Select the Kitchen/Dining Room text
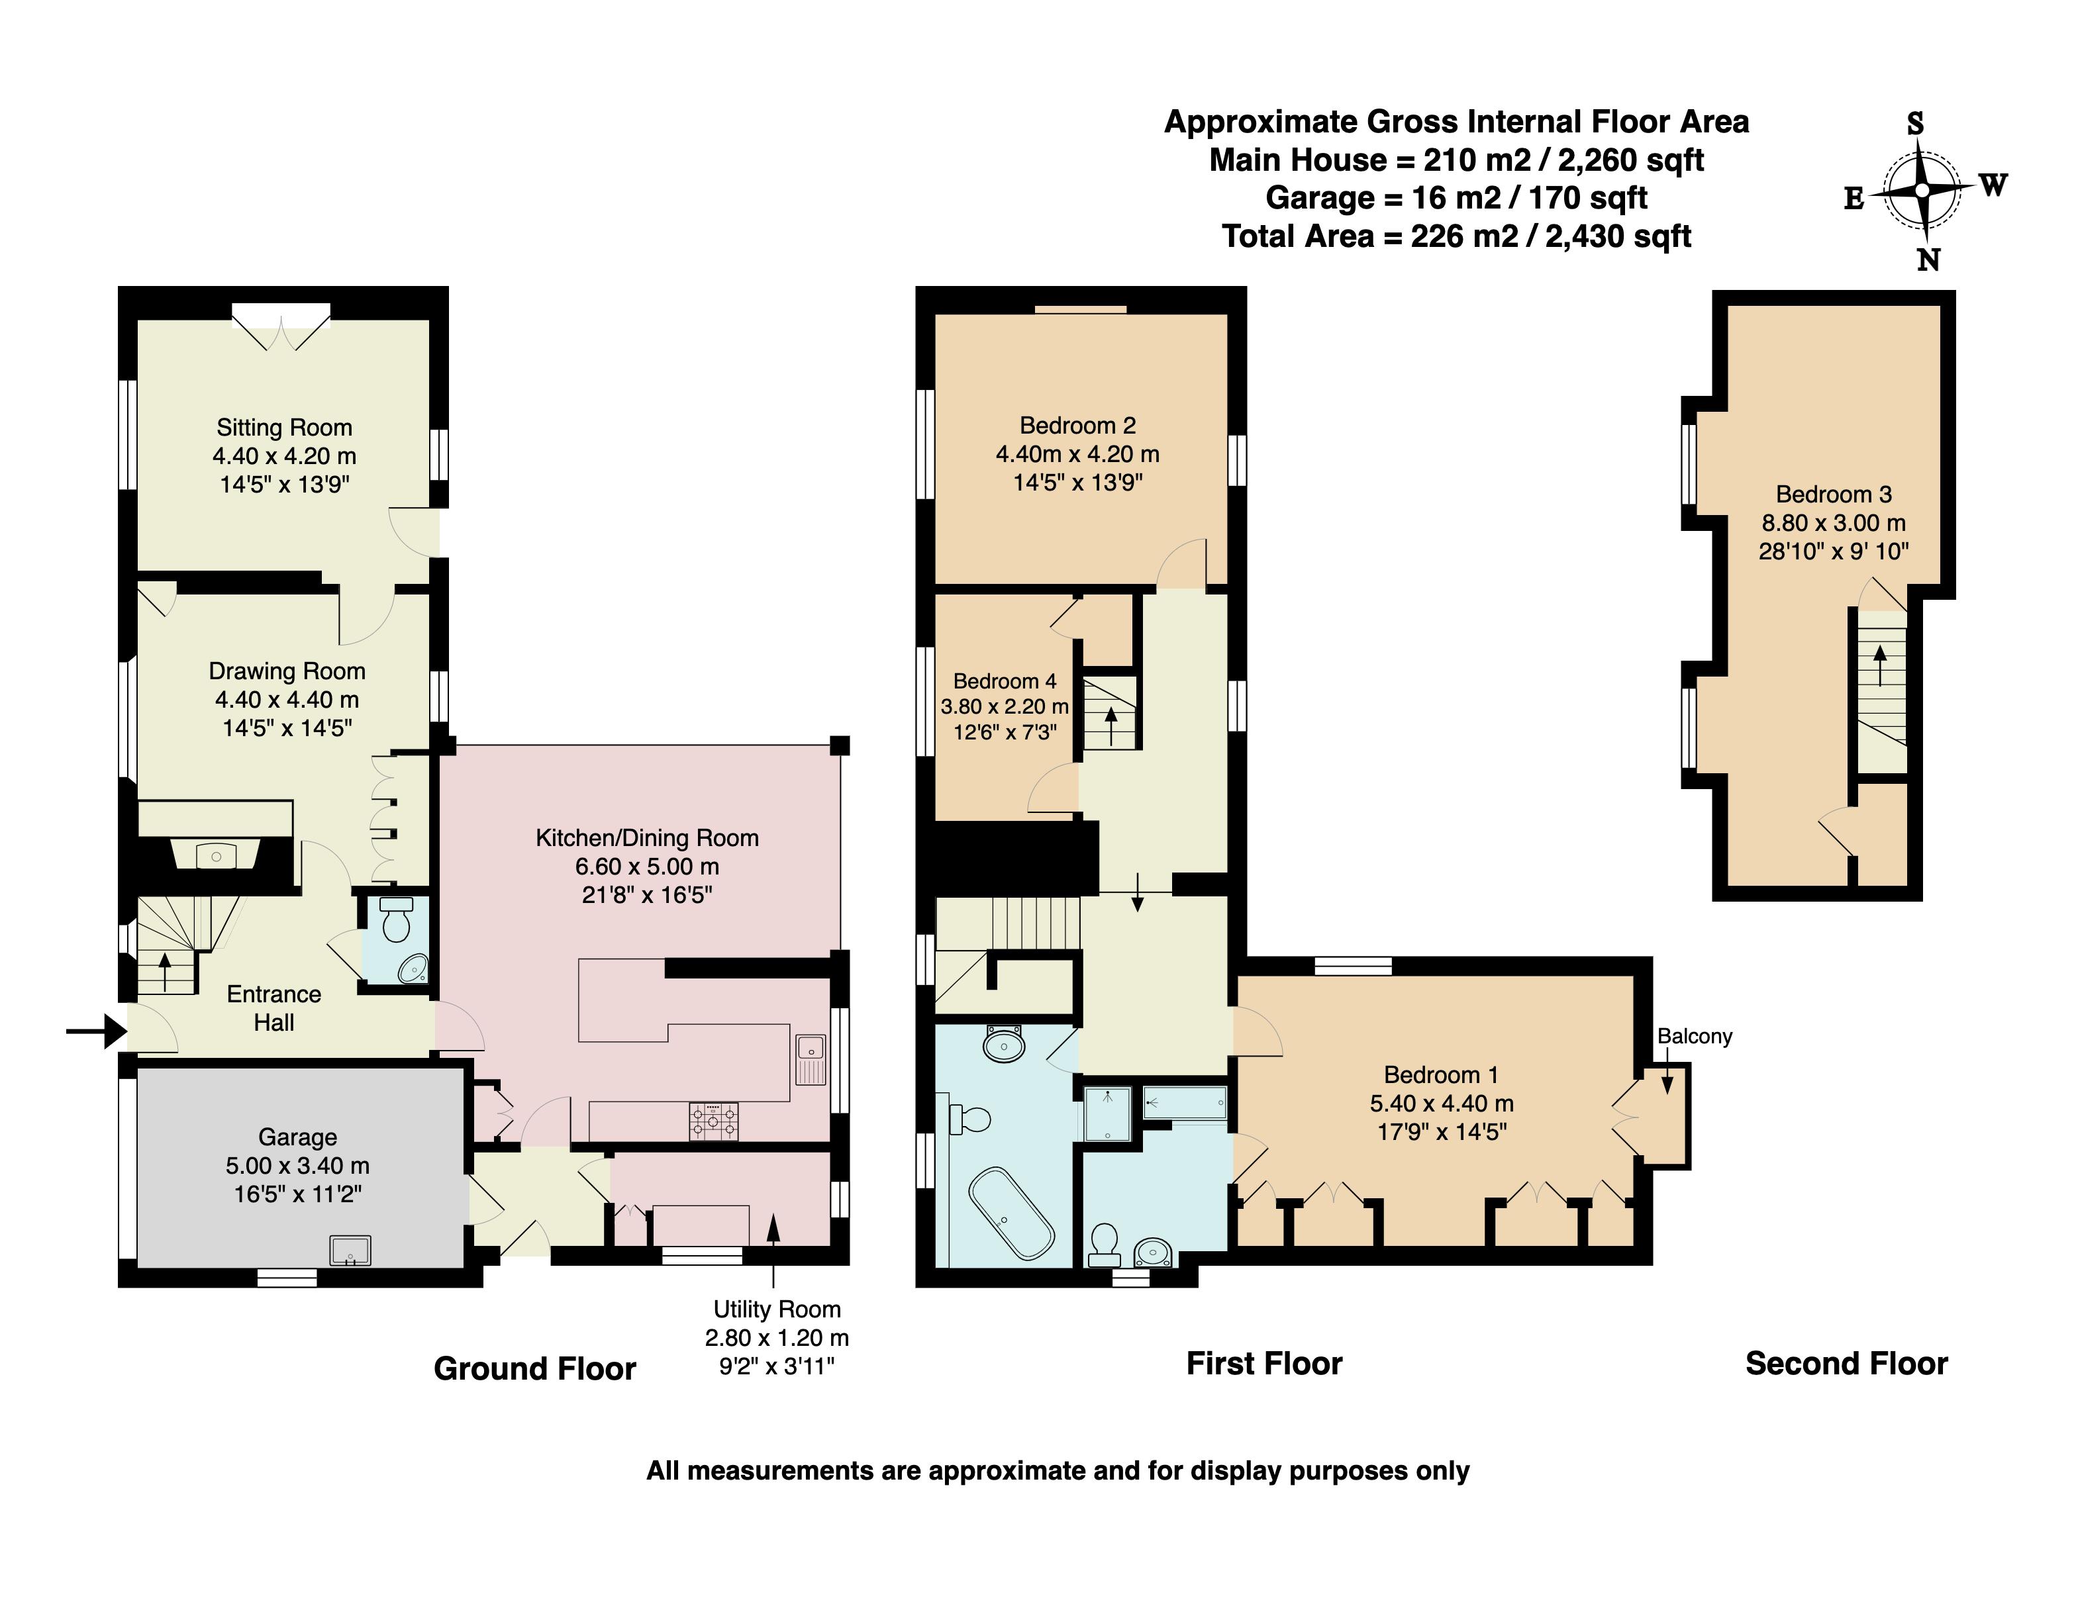(x=647, y=838)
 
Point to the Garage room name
(x=298, y=1137)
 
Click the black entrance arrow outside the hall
(x=96, y=1030)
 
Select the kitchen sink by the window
(x=811, y=1059)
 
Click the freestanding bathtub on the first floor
(x=1011, y=1213)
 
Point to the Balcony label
(x=1695, y=1037)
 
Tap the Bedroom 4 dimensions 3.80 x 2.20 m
(x=1005, y=706)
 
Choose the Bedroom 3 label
(x=1834, y=495)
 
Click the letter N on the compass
(x=1928, y=260)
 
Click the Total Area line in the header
(x=1457, y=236)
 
